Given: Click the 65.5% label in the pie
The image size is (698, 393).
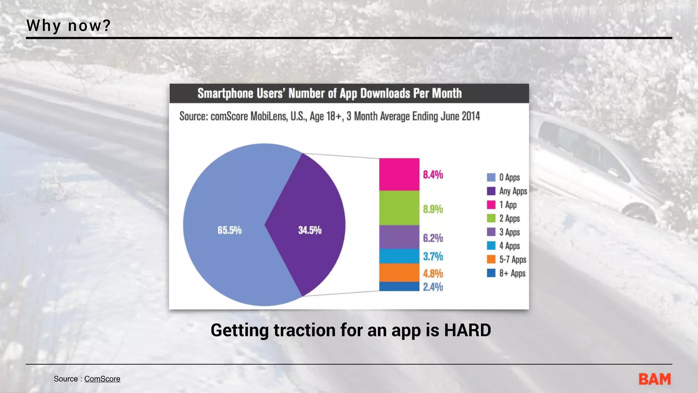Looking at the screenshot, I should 229,230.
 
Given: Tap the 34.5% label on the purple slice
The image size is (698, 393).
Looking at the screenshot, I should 309,230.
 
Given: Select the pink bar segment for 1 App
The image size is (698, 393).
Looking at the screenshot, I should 399,174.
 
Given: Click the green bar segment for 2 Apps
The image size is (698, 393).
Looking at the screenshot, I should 399,208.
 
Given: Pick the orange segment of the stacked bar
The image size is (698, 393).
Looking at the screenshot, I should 399,273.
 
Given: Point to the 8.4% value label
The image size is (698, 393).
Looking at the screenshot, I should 433,175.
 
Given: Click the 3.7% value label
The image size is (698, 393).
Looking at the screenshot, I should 433,256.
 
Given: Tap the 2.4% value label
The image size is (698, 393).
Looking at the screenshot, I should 433,287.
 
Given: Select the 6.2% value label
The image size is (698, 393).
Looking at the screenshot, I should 433,238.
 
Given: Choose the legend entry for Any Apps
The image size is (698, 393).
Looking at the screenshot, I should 507,191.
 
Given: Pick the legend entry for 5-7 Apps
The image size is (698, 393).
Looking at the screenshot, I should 507,260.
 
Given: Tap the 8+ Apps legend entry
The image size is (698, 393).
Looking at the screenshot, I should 506,273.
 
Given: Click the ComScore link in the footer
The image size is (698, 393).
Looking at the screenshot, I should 102,379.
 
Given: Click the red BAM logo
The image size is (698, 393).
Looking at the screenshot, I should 654,379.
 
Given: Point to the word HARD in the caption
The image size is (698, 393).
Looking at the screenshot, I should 467,330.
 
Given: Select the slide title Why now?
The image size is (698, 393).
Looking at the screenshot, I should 69,26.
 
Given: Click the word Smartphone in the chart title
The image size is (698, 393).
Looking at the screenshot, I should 225,93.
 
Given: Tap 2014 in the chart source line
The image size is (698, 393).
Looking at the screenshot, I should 471,116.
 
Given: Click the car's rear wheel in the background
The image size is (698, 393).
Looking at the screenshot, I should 641,213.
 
